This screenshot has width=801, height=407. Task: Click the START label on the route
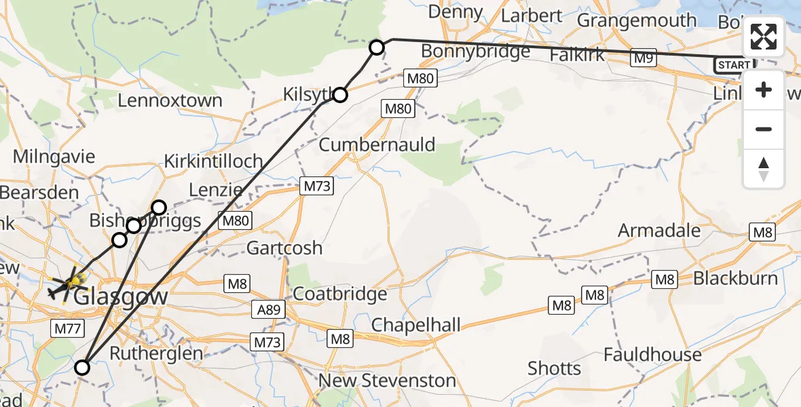734,65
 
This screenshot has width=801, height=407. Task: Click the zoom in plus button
764,90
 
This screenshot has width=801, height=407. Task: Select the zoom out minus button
764,129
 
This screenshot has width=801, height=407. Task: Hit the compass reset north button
764,169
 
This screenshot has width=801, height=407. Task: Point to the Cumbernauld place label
377,145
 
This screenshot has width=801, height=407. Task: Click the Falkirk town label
578,56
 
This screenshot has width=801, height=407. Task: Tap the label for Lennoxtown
170,101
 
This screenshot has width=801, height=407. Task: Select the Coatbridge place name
339,294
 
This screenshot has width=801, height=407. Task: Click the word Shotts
555,369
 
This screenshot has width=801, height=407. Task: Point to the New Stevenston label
387,381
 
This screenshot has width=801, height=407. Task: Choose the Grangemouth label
636,21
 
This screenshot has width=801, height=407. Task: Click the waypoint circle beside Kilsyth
339,95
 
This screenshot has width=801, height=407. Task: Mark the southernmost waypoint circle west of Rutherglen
81,368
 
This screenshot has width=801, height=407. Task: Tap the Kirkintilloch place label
213,161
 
